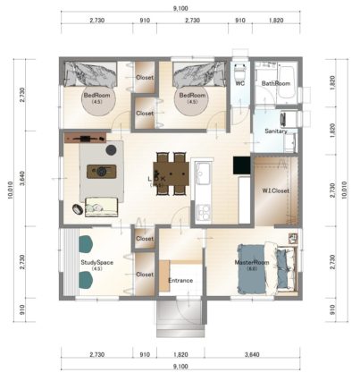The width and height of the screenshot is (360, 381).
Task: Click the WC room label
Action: point(239,83)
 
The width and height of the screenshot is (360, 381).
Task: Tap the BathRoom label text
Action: point(276,83)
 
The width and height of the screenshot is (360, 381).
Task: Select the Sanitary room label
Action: point(276,131)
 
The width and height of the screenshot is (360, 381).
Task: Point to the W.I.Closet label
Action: point(274,190)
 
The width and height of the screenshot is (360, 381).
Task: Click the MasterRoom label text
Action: point(252,262)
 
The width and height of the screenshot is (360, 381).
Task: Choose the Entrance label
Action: point(181,280)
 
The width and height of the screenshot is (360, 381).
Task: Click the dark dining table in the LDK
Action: point(171,172)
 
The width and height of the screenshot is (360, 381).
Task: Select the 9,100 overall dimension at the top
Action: point(180,9)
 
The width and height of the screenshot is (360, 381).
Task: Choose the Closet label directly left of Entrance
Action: point(144,275)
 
